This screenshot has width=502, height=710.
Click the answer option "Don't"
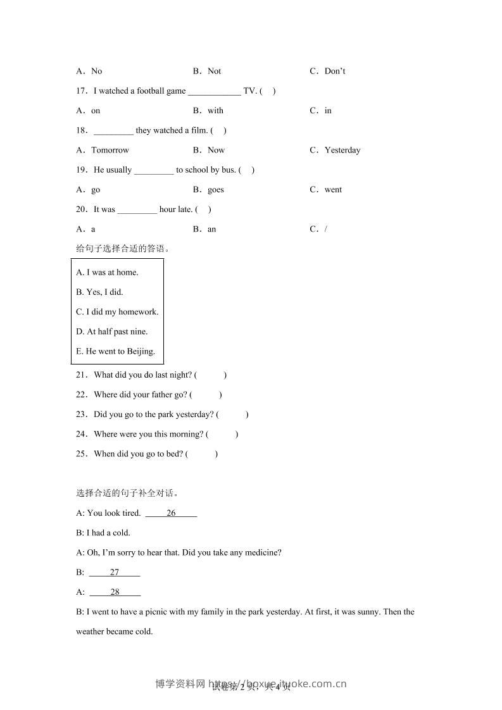pos(334,71)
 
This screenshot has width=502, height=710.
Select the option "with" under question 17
pos(215,110)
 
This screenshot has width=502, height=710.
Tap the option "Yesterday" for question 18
pos(342,150)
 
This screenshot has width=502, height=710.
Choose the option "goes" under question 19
pos(215,189)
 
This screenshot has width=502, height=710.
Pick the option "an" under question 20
pos(211,229)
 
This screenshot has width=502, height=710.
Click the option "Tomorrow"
pos(110,150)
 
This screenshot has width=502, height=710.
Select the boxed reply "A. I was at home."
pos(107,272)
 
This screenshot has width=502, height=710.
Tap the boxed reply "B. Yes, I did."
pos(99,292)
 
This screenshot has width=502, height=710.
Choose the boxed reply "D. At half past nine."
pos(111,331)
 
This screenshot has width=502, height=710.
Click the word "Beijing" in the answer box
pos(141,351)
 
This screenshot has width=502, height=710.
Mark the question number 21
pos(81,375)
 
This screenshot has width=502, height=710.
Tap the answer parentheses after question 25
pos(202,454)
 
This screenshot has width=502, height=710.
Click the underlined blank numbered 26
pos(171,513)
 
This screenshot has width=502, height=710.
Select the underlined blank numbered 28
pos(115,592)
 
